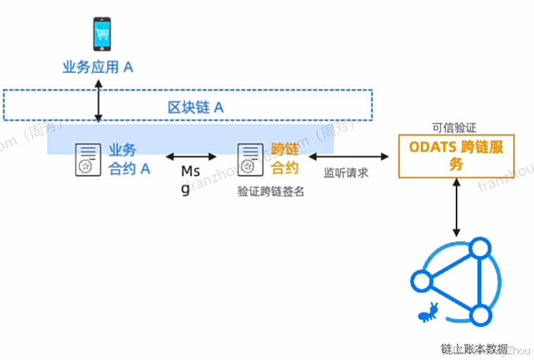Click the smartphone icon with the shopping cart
[98, 34]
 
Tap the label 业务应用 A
[98, 67]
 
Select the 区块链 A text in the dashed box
[195, 108]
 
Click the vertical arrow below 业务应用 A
[98, 100]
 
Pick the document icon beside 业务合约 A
[86, 160]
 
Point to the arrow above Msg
[191, 155]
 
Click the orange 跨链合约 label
[285, 159]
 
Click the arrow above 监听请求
[348, 155]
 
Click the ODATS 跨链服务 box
[457, 155]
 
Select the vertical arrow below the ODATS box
[457, 207]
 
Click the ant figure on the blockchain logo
[428, 311]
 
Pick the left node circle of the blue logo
[421, 281]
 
